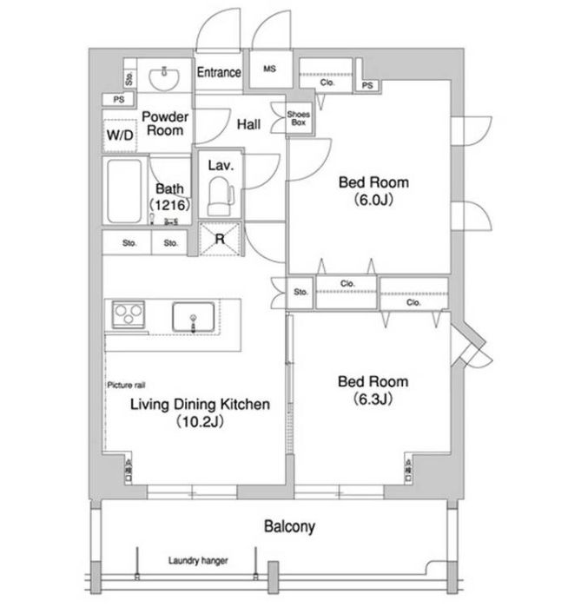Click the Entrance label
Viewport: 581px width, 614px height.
218,73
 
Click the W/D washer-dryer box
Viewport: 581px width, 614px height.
120,135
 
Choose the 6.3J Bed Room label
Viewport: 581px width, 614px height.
373,390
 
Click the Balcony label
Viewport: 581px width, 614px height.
289,526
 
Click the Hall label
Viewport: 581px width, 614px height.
248,125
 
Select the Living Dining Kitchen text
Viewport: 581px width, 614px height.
200,404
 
